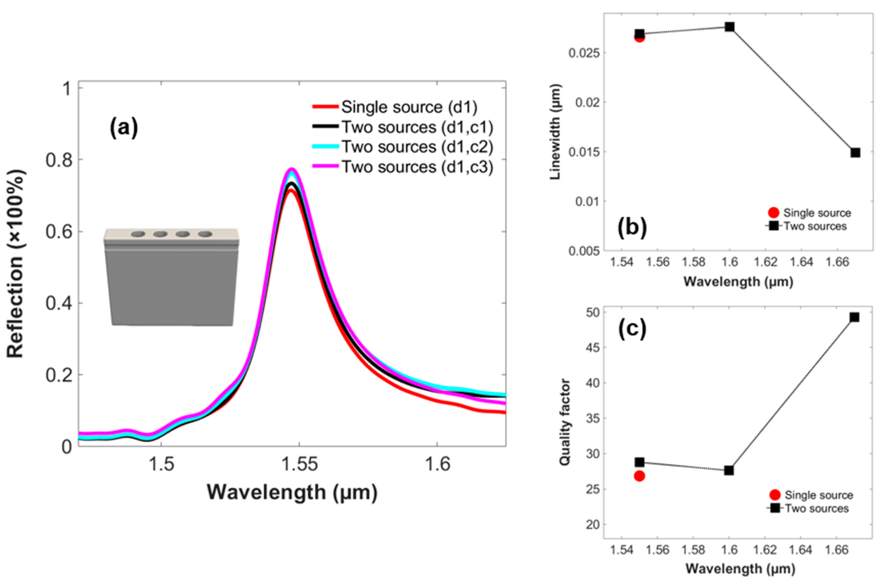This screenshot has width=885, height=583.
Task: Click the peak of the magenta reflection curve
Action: coord(292,169)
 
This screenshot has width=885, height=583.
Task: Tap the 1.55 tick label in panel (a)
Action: coord(300,464)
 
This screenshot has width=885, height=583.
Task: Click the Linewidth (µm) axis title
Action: coord(555,132)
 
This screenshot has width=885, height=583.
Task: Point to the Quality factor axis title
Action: coord(565,422)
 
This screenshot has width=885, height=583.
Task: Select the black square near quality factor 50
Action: coord(854,317)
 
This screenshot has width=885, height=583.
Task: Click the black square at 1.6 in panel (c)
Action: coord(729,470)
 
